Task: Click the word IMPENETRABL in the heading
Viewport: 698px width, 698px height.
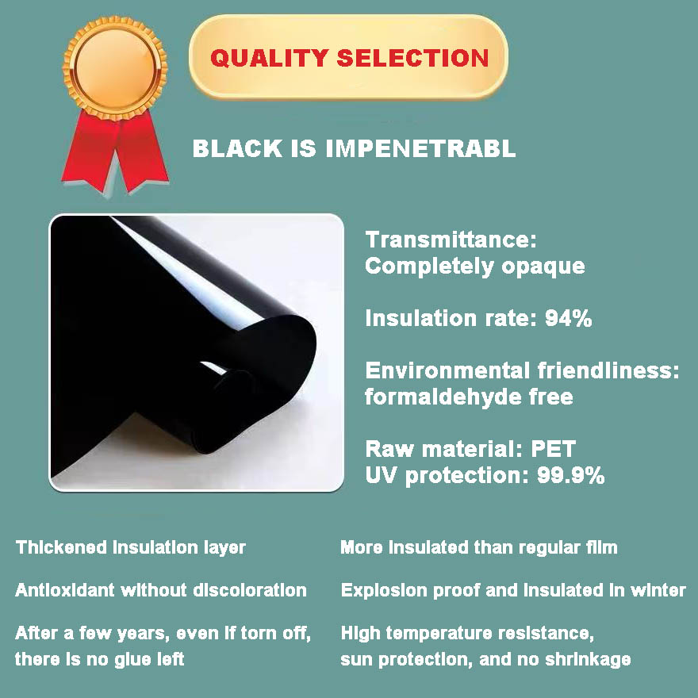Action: [x=421, y=148]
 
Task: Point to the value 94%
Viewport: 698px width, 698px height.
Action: [x=569, y=319]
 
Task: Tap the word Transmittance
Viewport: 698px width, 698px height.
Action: [x=440, y=240]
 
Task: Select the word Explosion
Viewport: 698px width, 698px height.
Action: [x=377, y=590]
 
